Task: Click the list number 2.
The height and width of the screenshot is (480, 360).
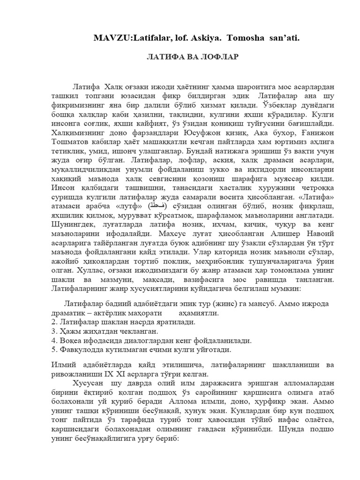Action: coord(53,322)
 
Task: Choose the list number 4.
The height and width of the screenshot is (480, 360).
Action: coord(53,341)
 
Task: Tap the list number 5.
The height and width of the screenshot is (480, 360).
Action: coord(53,350)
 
